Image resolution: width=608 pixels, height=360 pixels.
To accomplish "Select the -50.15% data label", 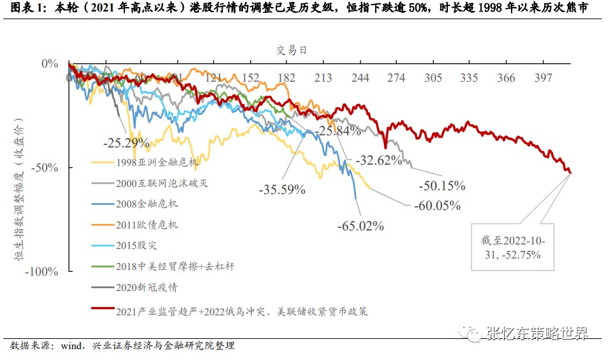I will [x=442, y=186].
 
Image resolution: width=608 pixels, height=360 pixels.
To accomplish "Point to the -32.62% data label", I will [x=379, y=160].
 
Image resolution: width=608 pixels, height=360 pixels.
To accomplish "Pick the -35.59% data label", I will [x=282, y=190].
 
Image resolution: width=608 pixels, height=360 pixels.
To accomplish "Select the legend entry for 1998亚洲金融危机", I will [x=150, y=162].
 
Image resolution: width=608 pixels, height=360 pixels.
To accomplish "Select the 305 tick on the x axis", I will [x=433, y=78].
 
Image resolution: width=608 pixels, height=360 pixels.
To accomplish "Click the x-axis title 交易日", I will [x=292, y=50].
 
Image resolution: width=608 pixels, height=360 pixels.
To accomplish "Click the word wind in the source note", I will [x=72, y=346].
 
